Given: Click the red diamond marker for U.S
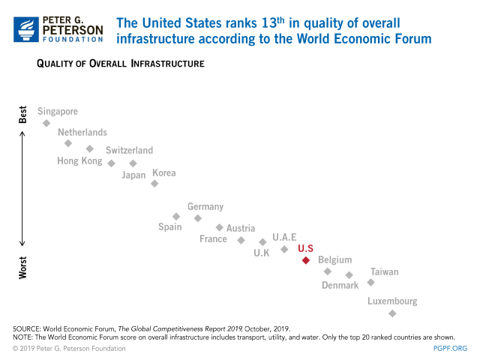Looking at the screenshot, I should coord(305,260).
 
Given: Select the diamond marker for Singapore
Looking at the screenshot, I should coord(46,123).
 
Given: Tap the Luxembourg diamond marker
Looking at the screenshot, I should coord(392,313).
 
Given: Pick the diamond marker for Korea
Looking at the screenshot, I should coord(154,183).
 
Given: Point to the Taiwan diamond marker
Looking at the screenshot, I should coord(370,283).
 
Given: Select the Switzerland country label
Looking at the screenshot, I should coord(129,150).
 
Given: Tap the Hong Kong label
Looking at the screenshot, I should coord(79,161).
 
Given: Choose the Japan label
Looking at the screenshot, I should coord(133,175).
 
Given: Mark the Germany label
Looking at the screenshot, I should coord(205,207).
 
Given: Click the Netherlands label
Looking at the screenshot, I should coord(82,133).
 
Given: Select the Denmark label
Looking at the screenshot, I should coord(340,285).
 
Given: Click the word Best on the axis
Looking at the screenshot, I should coord(22,114).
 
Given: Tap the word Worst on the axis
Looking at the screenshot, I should coord(22,268).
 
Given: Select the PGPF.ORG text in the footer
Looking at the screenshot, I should coord(451,348).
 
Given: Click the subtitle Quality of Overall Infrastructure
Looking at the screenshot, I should coord(120,64).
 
